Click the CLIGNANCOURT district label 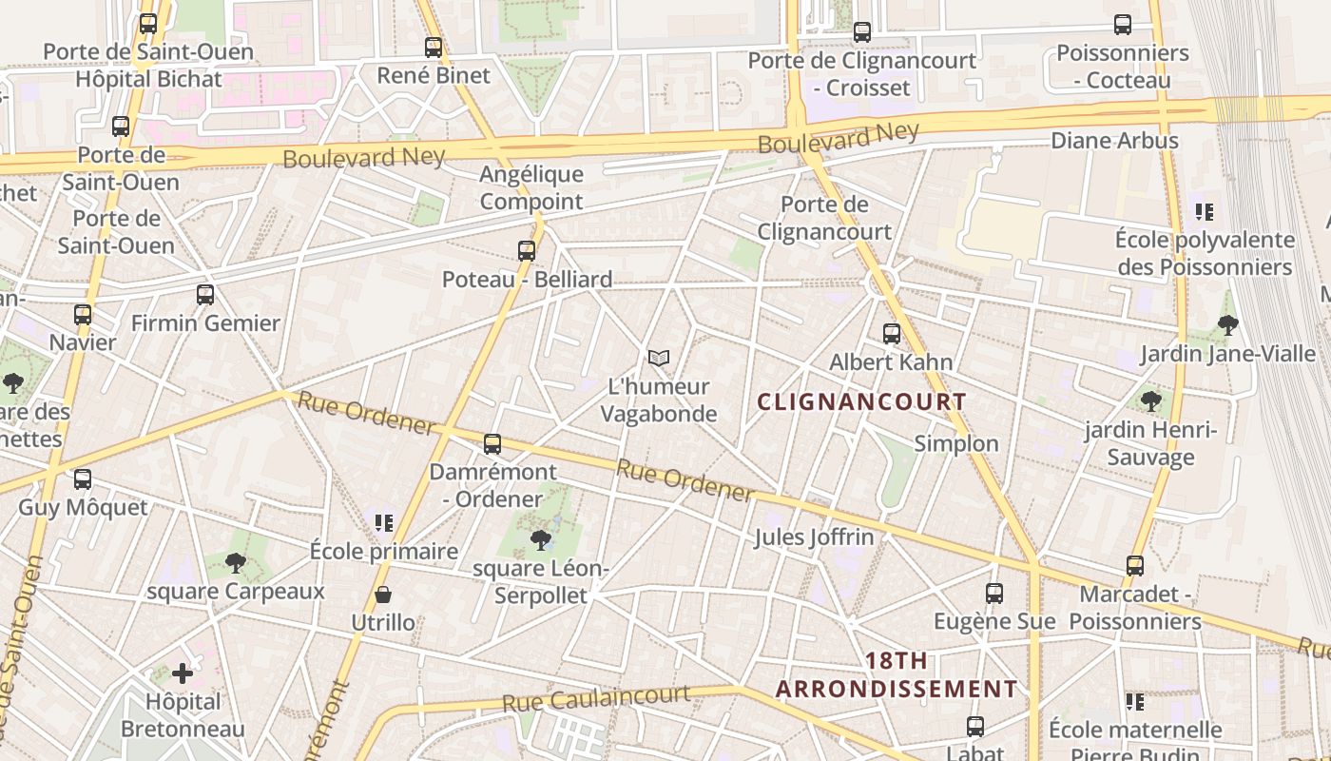coord(861,402)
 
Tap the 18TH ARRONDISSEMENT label coord(897,675)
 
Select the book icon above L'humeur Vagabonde coord(659,359)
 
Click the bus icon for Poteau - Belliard coord(527,251)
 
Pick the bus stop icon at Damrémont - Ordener coord(492,444)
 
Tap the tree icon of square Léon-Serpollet coord(541,540)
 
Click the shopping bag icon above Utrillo coord(383,595)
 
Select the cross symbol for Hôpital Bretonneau coord(183,673)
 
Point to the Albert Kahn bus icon coord(892,334)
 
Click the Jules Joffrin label coord(814,537)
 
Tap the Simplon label coord(956,444)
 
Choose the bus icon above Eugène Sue coord(994,594)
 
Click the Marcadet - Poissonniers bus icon coord(1135,566)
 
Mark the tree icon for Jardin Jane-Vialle coord(1228,325)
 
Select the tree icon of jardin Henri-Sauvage coord(1151,400)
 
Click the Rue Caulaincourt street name coord(596,699)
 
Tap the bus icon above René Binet coord(434,48)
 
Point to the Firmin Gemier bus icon coord(205,295)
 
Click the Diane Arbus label coord(1114,141)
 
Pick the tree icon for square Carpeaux coord(236,563)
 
